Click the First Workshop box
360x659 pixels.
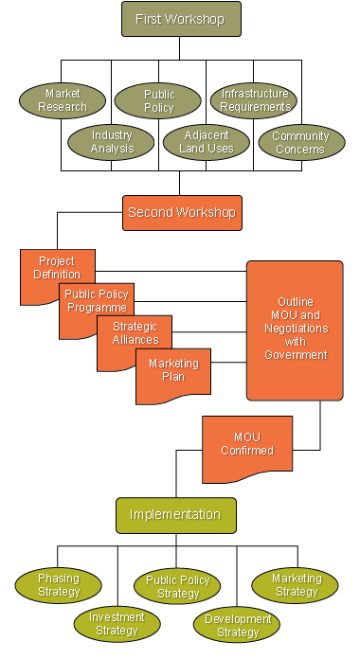coord(180,19)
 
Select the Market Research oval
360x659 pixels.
coord(63,100)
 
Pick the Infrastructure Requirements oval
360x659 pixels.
coord(254,100)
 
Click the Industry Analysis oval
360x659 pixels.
coord(112,142)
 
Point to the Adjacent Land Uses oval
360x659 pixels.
coord(205,142)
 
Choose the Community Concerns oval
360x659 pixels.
coord(300,142)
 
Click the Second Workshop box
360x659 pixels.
coord(181,213)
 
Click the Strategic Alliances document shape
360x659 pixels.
coord(133,332)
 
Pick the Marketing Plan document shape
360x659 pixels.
coord(172,369)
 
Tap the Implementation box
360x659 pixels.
coord(175,515)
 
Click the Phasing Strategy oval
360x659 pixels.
coord(58,585)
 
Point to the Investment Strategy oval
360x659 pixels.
coord(117,623)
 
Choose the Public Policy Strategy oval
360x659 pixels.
coord(177,587)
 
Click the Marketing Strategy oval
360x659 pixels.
coord(296,585)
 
